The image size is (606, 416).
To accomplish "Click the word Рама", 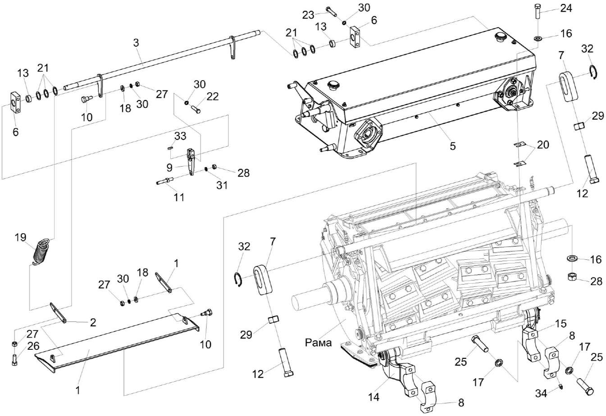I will point(319,343).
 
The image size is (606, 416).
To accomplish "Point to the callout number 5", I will point(452,146).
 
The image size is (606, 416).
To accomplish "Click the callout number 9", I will point(169,167).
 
